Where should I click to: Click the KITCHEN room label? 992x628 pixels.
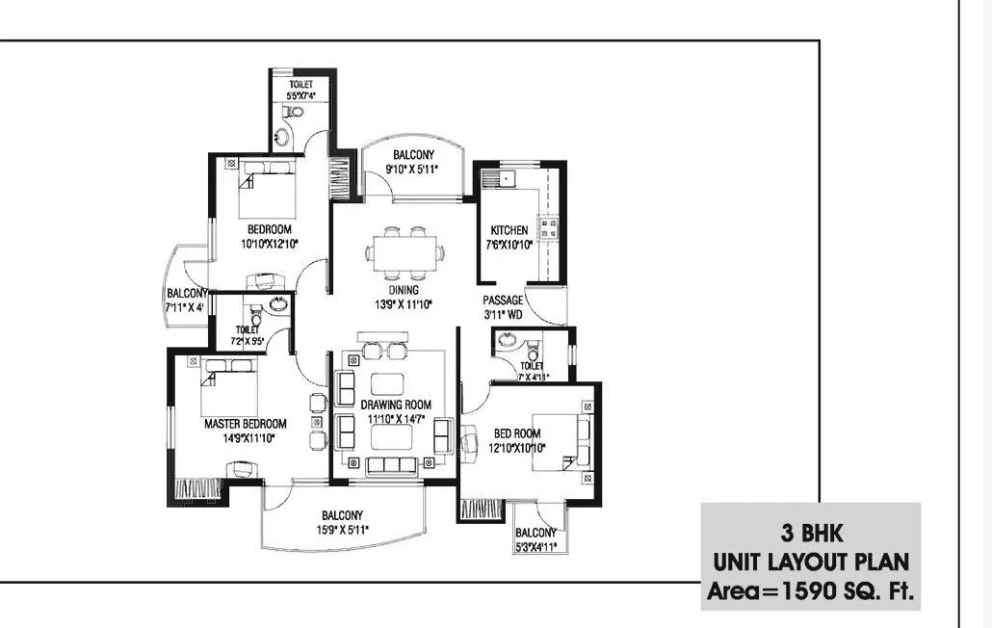509,230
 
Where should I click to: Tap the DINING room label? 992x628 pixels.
404,289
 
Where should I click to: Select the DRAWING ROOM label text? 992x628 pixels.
396,405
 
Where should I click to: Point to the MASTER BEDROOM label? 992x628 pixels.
245,424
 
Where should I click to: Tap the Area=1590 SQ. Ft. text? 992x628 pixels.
810,591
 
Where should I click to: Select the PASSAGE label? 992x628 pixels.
503,300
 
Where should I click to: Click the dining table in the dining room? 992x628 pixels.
405,252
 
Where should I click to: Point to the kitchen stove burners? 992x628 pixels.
550,228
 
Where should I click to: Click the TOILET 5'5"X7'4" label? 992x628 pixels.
300,91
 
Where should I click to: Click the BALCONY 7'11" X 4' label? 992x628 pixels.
186,300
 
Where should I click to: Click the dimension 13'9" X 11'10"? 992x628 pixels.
404,304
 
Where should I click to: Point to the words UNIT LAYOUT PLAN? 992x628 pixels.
810,563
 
